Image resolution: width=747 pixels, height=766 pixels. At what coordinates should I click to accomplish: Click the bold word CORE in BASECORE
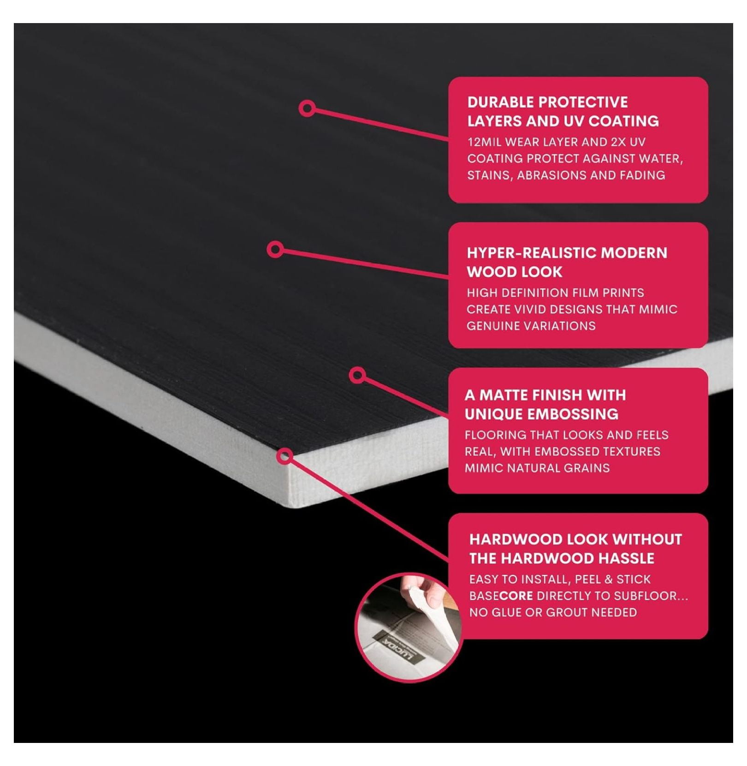tap(516, 596)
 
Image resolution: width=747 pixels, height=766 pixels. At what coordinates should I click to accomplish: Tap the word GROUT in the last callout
tap(567, 612)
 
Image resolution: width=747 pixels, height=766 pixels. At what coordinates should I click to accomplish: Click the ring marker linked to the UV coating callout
tap(307, 108)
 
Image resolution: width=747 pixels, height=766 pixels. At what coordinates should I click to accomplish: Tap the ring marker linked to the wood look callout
tap(275, 249)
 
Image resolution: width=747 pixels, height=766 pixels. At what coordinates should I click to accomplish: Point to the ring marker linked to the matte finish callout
tap(358, 375)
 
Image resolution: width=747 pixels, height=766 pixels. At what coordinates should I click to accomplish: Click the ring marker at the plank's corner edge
tap(285, 456)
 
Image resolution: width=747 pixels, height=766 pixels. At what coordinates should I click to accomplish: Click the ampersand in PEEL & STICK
tap(610, 579)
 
